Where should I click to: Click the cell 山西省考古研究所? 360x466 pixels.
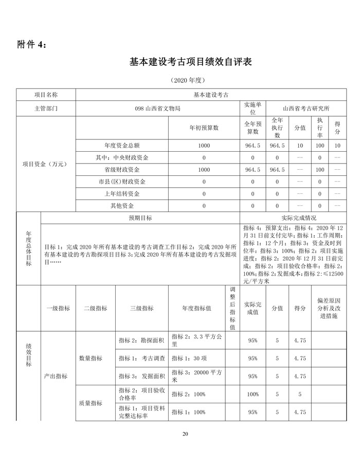(306, 109)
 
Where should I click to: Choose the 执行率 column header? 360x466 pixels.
(320, 128)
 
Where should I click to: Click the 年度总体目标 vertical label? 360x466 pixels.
(28, 249)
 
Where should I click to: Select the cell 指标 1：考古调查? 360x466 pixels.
(141, 358)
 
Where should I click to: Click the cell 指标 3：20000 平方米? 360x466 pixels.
(196, 376)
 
